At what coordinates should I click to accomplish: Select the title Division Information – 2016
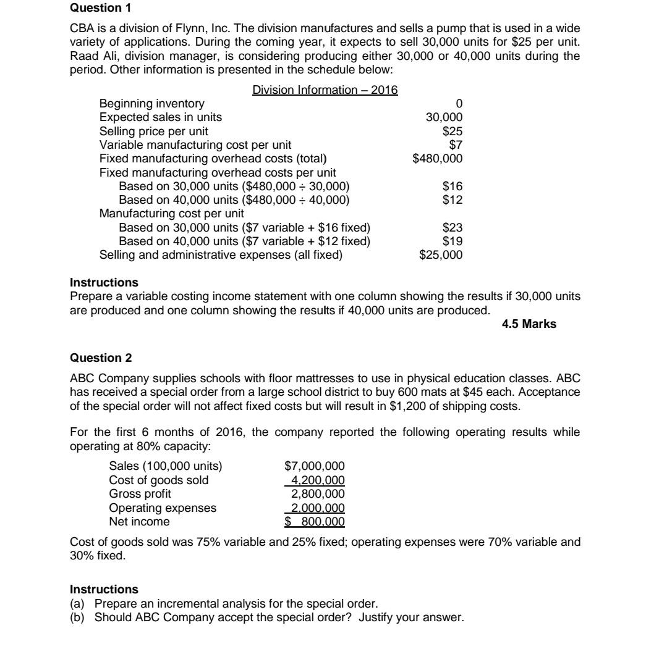(x=325, y=90)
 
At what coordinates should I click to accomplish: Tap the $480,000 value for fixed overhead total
(x=437, y=159)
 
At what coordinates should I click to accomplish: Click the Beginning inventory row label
(x=151, y=104)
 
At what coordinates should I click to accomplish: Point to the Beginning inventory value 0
(x=458, y=104)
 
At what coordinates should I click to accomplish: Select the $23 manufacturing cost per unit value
(x=453, y=228)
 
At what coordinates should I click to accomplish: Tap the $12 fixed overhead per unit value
(x=453, y=200)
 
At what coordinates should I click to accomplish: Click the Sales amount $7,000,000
(x=314, y=466)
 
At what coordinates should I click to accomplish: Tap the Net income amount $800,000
(x=314, y=522)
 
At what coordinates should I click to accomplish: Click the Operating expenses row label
(x=163, y=508)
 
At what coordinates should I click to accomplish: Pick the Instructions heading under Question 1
(x=104, y=283)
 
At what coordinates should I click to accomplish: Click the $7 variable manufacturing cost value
(x=455, y=145)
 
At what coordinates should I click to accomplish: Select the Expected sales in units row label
(x=161, y=117)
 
